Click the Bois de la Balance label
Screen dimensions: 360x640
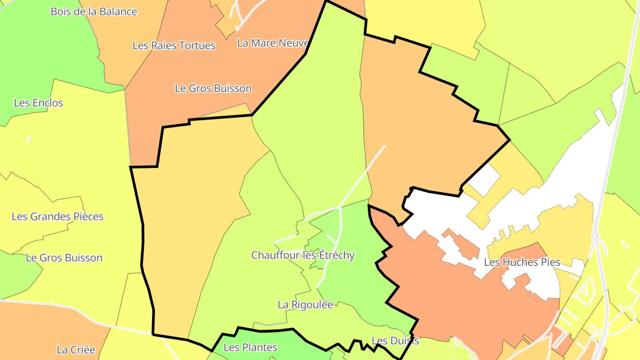click(x=94, y=12)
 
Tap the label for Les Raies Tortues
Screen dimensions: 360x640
click(x=174, y=45)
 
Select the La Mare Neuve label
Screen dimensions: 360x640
click(x=273, y=43)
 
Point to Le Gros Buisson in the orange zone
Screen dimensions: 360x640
click(x=213, y=88)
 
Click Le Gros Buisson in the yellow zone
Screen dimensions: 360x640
click(x=64, y=258)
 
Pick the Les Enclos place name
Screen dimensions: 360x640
click(x=39, y=103)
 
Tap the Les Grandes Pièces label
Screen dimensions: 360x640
click(x=57, y=217)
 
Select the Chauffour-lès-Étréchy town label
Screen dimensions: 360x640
click(x=303, y=256)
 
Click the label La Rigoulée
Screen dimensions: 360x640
click(x=305, y=305)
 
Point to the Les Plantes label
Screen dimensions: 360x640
click(x=250, y=348)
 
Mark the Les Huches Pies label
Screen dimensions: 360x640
click(x=522, y=262)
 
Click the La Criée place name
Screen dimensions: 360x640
click(x=76, y=350)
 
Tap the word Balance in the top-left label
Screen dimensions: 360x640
click(x=118, y=12)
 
